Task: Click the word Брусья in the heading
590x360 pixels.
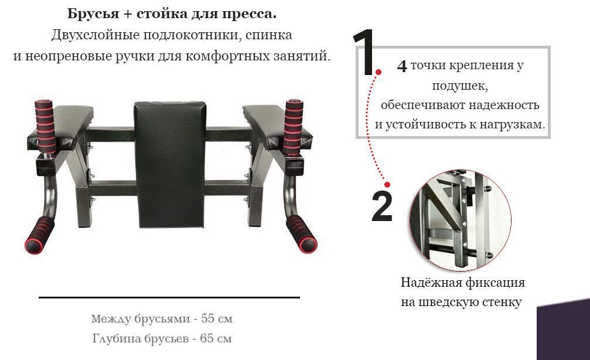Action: point(93,14)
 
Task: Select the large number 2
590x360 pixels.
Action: point(381,206)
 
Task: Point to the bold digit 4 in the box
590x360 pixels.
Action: point(402,66)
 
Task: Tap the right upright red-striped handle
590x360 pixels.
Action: point(294,127)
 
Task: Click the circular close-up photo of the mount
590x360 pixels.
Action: point(461,220)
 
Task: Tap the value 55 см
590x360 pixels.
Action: point(217,318)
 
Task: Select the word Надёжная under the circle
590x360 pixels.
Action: point(431,283)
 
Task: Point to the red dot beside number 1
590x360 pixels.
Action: point(378,72)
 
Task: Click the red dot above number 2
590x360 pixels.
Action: point(387,185)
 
